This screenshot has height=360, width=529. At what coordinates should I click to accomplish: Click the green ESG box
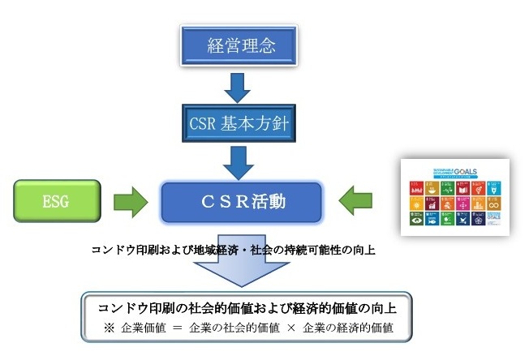coord(57,199)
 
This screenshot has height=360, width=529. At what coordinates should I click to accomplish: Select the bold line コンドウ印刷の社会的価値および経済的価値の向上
coord(247,308)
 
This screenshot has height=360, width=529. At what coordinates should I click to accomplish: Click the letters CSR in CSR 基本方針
coord(200,125)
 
